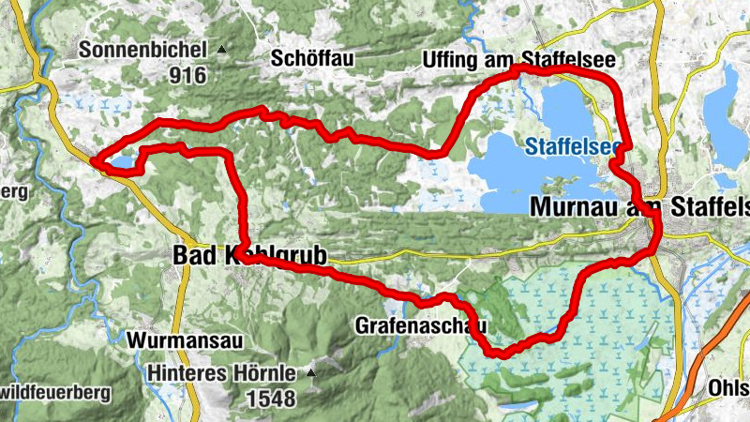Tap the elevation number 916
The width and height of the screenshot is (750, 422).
(187, 76)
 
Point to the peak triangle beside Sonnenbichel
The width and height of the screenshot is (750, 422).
(221, 49)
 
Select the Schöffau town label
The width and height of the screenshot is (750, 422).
(312, 58)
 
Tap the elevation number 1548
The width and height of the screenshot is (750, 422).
(272, 399)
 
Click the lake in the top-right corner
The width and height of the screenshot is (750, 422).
(725, 103)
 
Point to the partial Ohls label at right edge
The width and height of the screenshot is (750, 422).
(730, 386)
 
